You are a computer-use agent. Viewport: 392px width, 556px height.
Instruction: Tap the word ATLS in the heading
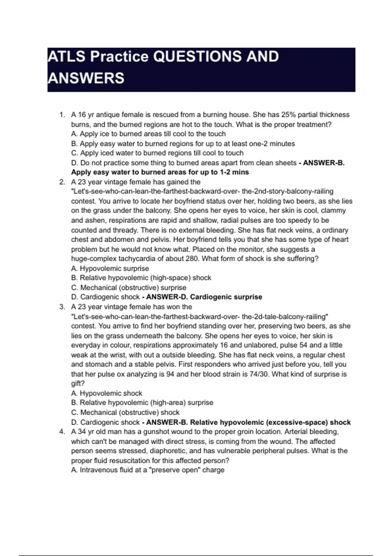tap(66, 57)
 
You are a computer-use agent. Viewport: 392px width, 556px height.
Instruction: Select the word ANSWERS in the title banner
tap(86, 78)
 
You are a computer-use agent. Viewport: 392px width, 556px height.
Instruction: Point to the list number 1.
tap(62, 115)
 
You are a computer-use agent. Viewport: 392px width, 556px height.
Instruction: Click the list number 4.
tap(62, 432)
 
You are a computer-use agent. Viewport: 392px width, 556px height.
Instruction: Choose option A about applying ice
tap(148, 134)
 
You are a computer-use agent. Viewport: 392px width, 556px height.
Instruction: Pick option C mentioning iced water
tap(157, 153)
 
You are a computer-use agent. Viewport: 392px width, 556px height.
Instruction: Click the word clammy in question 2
tap(333, 211)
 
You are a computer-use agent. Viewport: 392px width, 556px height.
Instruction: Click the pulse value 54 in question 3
tap(303, 345)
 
